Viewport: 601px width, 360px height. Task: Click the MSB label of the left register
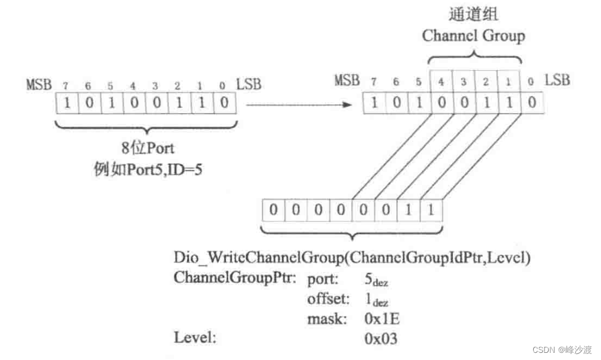[39, 84]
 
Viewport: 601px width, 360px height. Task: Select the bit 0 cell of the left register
[224, 103]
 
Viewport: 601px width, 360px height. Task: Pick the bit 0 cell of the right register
[532, 102]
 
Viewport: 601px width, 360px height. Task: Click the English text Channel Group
[474, 36]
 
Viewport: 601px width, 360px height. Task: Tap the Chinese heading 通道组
[474, 13]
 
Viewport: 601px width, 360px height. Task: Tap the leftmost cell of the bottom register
[274, 211]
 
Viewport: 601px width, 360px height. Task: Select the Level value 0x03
[381, 339]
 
